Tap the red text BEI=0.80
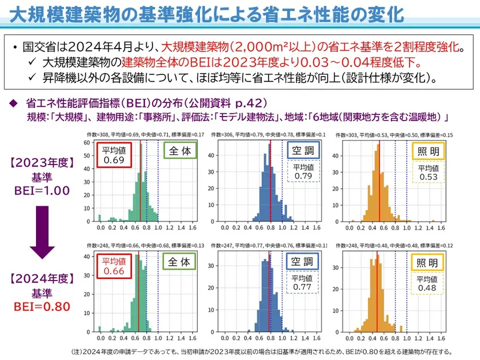pos(42,307)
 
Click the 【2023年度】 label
pos(42,163)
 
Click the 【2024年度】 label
pos(42,279)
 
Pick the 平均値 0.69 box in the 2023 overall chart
pos(114,155)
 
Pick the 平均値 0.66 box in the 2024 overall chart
pos(114,267)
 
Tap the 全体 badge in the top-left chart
pos(180,151)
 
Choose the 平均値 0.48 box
pos(427,284)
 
